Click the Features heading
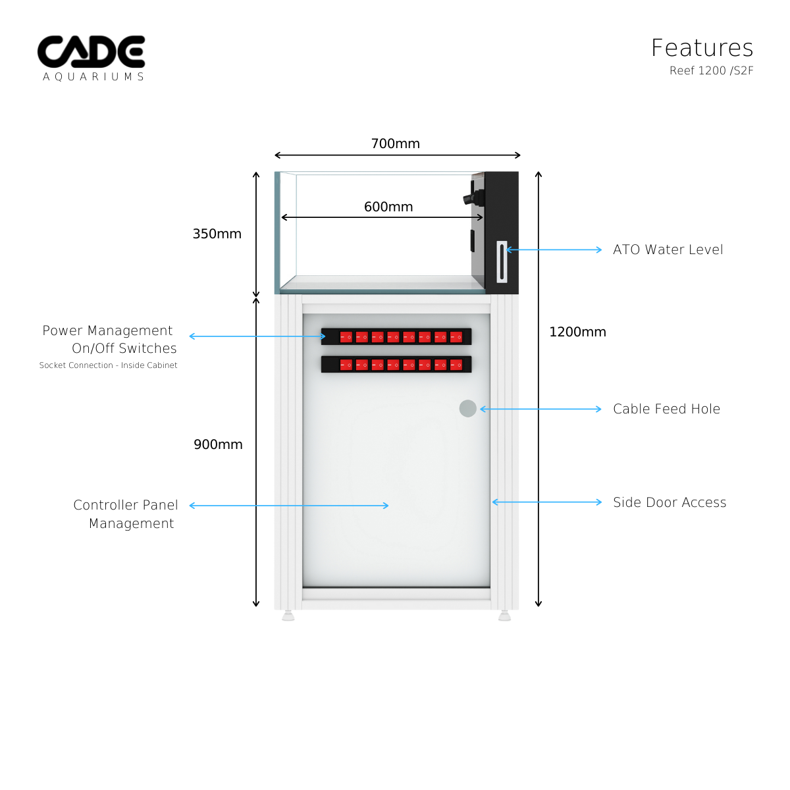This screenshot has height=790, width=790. [x=702, y=48]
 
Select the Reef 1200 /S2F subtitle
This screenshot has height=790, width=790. [x=711, y=70]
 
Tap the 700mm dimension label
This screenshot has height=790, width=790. [x=395, y=144]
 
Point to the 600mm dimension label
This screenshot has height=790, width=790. [x=388, y=207]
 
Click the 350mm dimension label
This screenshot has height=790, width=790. [x=217, y=234]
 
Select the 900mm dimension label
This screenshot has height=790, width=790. [x=218, y=444]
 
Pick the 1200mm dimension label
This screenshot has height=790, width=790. [x=577, y=332]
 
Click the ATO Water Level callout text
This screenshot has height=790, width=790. [x=668, y=250]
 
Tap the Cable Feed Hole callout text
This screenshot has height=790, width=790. [x=666, y=409]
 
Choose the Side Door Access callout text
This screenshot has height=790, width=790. [x=670, y=502]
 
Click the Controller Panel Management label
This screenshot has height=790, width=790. [x=126, y=514]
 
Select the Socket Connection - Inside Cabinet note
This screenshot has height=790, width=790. [x=108, y=365]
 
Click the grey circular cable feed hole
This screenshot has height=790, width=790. [x=467, y=408]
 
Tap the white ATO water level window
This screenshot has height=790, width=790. [x=502, y=262]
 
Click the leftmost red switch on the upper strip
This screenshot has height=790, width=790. [x=346, y=337]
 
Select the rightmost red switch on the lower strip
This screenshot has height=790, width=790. [x=456, y=365]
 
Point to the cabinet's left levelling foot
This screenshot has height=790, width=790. [x=288, y=616]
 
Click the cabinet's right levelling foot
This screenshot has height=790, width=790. [x=504, y=616]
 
